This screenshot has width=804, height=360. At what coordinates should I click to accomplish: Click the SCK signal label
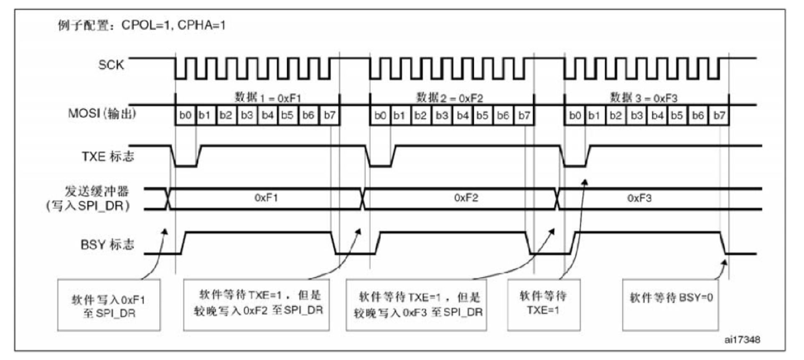[x=111, y=65]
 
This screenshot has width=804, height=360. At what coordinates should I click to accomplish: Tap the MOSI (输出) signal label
[x=102, y=114]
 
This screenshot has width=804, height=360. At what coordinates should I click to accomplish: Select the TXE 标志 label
[x=108, y=156]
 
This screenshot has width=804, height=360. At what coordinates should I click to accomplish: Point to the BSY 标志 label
[x=107, y=244]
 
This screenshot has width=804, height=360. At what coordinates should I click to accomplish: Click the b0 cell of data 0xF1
[x=185, y=115]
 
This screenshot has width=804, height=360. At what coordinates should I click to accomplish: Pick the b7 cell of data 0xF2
[x=524, y=115]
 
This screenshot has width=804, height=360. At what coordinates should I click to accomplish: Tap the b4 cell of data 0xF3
[x=657, y=115]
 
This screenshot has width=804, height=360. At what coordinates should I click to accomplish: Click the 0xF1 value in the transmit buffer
[x=266, y=198]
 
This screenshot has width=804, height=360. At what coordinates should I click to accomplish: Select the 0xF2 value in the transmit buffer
[x=466, y=198]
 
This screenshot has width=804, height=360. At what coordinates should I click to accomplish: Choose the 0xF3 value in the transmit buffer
[x=639, y=198]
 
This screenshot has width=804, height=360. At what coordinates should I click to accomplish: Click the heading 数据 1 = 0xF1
[x=267, y=98]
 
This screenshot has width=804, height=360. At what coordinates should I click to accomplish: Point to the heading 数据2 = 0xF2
[x=449, y=98]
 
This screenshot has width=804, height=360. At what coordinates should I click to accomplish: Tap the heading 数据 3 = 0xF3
[x=644, y=98]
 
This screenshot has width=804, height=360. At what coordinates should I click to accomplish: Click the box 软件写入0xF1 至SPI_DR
[x=109, y=305]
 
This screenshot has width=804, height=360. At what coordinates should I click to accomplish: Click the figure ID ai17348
[x=742, y=340]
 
